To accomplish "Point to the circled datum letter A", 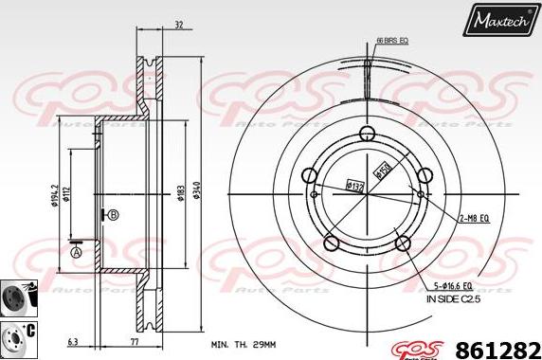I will tap(76, 252).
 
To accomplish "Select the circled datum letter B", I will tap(113, 215).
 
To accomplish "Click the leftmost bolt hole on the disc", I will tap(309, 175).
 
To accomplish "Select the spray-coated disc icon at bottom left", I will tap(18, 297).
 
